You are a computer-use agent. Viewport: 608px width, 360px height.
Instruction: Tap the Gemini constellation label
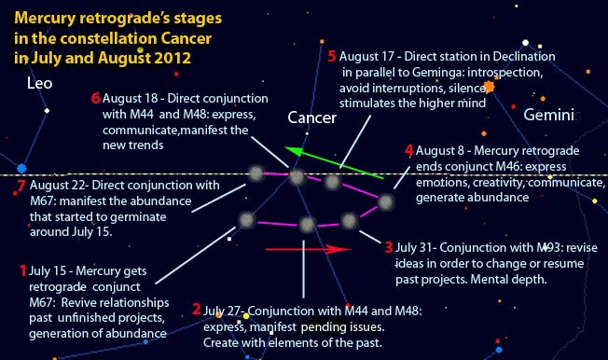coord(549,115)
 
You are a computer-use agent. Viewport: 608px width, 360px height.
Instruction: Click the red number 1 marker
coord(23,270)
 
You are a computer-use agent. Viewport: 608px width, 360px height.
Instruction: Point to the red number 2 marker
coord(196,309)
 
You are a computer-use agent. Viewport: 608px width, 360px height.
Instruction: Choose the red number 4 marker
coord(408,150)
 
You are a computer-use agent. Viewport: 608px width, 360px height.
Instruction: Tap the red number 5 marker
coord(333,55)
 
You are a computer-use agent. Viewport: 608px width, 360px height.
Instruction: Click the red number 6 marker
coord(96,97)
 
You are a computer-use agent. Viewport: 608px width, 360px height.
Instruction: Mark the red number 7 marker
coord(21,186)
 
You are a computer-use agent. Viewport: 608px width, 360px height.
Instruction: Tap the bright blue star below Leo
coord(21,169)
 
